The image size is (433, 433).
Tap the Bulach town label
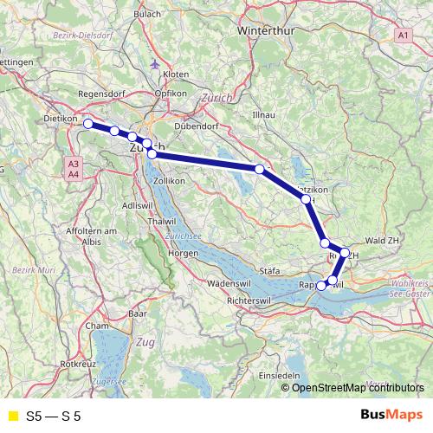click(147, 14)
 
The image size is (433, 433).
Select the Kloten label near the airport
click(176, 75)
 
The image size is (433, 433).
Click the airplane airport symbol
click(154, 63)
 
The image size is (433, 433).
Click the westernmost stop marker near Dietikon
click(88, 124)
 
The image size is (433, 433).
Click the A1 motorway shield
click(404, 35)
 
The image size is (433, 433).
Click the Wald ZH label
click(381, 240)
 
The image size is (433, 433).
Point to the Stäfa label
click(271, 270)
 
